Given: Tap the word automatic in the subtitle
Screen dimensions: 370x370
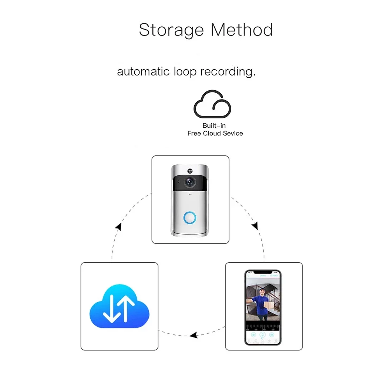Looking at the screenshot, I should pyautogui.click(x=143, y=71).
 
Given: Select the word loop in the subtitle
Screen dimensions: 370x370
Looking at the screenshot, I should pyautogui.click(x=185, y=71).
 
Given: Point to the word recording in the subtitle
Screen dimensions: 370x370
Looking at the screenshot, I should pyautogui.click(x=228, y=71).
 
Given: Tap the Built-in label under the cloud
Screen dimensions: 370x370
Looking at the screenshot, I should pyautogui.click(x=214, y=126).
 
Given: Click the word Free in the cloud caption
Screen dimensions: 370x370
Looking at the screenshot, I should pyautogui.click(x=194, y=133).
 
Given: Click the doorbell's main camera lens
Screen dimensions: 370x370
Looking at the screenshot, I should pyautogui.click(x=190, y=182).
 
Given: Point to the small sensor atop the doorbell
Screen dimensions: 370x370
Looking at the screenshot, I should pyautogui.click(x=190, y=171).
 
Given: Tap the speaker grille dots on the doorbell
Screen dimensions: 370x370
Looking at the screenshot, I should pyautogui.click(x=190, y=194).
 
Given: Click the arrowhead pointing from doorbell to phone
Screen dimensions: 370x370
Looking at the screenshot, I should pyautogui.click(x=255, y=226).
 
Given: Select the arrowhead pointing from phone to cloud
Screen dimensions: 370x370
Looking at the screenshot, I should pyautogui.click(x=193, y=336).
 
